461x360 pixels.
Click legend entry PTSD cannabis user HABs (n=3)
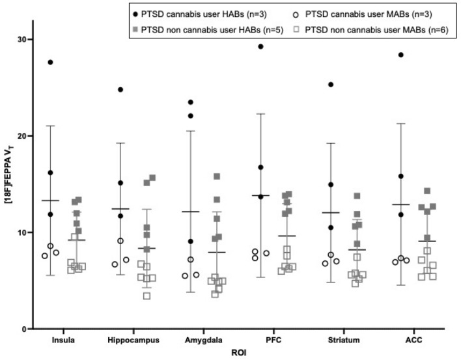click(x=195, y=13)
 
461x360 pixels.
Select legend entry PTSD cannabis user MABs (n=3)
click(x=365, y=13)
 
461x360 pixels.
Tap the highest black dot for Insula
click(x=51, y=62)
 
